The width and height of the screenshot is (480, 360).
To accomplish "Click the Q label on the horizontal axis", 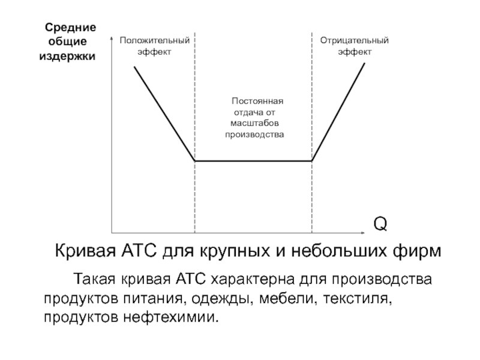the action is (x=380, y=224).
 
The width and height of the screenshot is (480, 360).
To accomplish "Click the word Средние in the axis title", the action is (x=70, y=28).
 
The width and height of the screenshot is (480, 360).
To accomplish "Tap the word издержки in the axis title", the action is (x=67, y=56).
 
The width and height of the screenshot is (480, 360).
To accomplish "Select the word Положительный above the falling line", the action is (x=155, y=40).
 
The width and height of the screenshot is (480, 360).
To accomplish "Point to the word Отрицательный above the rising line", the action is (x=355, y=40).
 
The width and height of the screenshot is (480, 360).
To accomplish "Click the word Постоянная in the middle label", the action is (x=257, y=101).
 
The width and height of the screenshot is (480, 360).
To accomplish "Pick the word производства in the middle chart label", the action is (x=254, y=134).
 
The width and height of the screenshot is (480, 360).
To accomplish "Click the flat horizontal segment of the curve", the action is (x=253, y=161).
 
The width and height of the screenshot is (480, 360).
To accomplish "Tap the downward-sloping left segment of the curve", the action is (x=164, y=113).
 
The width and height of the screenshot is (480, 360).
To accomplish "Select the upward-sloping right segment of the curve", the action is (x=338, y=112).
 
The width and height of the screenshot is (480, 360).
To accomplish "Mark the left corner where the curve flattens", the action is (x=195, y=161).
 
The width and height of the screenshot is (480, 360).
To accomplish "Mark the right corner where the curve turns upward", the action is (x=311, y=161).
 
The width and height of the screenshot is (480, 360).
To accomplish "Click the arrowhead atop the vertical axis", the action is (x=112, y=38).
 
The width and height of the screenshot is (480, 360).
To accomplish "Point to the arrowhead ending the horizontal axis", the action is (x=363, y=233).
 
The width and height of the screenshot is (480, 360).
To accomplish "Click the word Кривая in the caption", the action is (x=85, y=251).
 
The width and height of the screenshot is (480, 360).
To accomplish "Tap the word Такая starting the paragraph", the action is (x=95, y=279).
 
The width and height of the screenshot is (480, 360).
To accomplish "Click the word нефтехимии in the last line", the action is (x=171, y=317).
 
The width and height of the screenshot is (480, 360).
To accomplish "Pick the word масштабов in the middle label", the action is (x=254, y=124).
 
